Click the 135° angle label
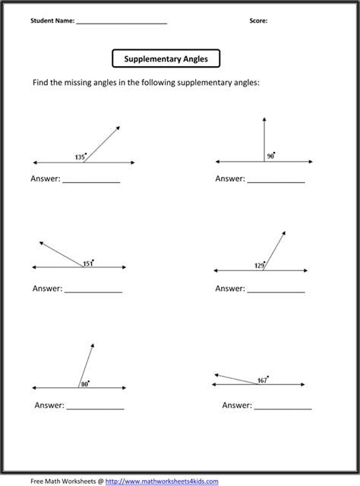coord(81,157)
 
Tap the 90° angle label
coord(270,156)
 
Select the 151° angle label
coord(88,263)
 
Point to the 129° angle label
coord(261,266)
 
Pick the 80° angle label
coord(85,383)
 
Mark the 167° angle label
coord(263,380)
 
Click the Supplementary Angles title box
coord(166,58)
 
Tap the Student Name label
coord(52,21)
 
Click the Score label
coord(258,21)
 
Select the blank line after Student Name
coord(122,24)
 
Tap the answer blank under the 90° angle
coord(276,181)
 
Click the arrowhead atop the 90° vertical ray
coord(264,119)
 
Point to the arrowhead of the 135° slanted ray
coord(118,129)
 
